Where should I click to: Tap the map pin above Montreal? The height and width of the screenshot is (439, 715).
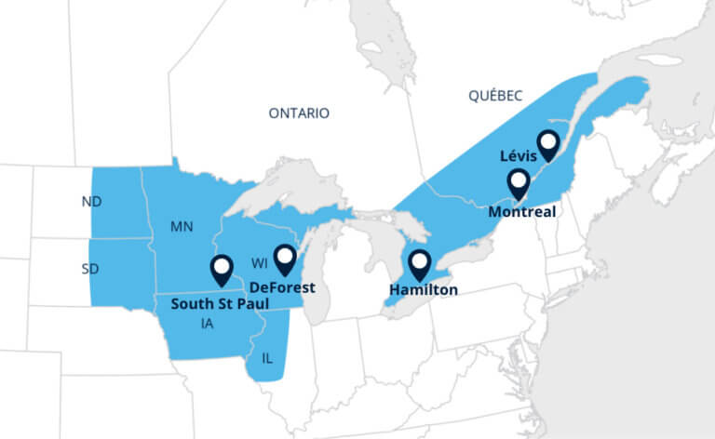tap(518, 182)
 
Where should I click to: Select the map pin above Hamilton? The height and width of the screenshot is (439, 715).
tap(421, 263)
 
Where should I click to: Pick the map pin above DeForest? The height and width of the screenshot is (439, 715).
tap(284, 259)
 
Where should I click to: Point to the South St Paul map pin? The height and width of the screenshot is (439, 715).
tap(222, 268)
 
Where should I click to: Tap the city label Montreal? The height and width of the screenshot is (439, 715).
tap(522, 211)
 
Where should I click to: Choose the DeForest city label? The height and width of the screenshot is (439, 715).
tap(282, 287)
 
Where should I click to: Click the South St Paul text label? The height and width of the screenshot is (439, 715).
tap(217, 302)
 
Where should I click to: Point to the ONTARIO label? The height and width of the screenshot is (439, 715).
tap(299, 113)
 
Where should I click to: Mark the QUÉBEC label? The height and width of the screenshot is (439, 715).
tap(495, 95)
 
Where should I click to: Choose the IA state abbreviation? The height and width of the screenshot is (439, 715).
tap(207, 324)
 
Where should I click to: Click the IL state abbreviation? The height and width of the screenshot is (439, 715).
tap(268, 357)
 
